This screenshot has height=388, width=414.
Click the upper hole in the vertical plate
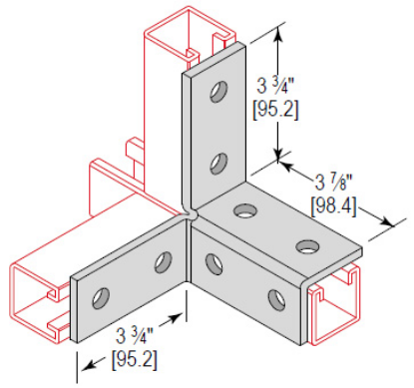(214, 95)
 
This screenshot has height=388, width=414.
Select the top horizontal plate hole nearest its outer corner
(305, 245)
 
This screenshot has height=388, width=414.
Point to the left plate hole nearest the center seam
(160, 262)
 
